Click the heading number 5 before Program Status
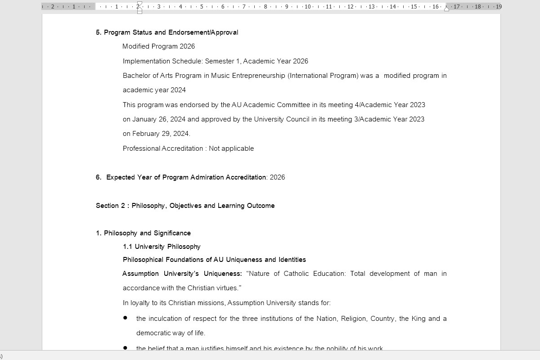98,32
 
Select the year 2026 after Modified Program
187,46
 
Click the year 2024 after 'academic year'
178,90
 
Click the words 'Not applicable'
231,148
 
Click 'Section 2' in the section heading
110,206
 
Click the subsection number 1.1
128,247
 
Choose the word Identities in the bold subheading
292,260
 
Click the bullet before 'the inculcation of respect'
125,318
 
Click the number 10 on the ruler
307,7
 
